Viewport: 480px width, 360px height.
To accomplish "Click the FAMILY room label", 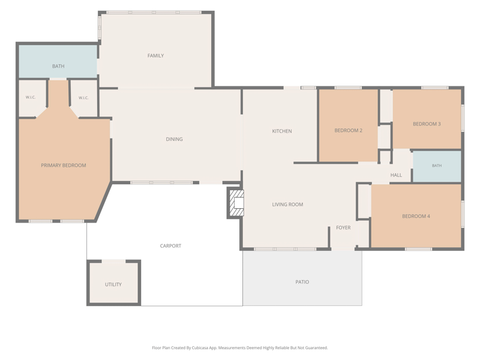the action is [155, 56].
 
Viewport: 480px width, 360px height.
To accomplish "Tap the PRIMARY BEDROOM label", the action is [64, 166].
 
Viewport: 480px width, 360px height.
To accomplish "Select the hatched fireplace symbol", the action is [236, 203].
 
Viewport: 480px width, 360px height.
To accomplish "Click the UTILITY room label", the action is [113, 284].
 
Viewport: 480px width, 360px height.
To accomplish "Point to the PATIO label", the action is [302, 282].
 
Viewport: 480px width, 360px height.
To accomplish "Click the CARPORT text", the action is [170, 246].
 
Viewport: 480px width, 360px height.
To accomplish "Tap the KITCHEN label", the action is [282, 131].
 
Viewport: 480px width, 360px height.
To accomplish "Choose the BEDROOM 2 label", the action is [349, 130].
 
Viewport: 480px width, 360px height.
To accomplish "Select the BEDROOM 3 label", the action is [427, 124].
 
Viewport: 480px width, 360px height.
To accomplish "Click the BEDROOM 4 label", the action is [416, 216].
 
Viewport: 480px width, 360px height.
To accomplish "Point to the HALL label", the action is [396, 175].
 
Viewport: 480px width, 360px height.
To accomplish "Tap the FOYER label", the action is [343, 227].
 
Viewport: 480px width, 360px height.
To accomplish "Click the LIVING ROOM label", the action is [287, 205].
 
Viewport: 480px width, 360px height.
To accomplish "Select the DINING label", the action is [174, 139].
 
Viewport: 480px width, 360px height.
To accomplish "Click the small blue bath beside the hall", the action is [437, 166].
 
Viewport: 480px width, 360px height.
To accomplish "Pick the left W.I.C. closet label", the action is [31, 97].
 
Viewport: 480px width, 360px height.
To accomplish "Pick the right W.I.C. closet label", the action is [83, 98].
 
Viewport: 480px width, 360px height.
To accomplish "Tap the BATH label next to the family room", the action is [58, 66].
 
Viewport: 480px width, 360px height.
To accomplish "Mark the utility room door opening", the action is [113, 261].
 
